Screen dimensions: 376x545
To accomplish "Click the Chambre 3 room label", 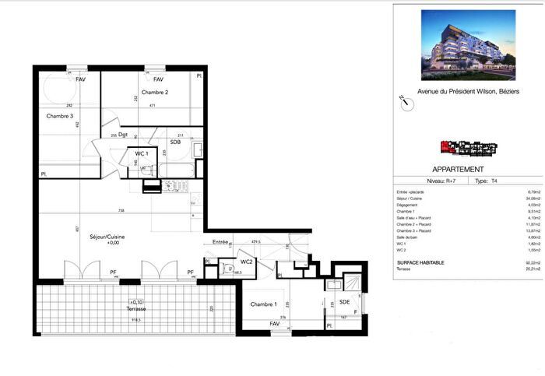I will coord(60,116).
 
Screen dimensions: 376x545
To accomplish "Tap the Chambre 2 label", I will coord(155,92).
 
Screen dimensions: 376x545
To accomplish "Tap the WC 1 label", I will coord(141,153).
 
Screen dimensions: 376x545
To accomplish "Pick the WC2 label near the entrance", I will coord(246,261).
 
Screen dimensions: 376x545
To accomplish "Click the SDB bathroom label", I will coord(175,142).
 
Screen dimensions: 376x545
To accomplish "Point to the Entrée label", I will coord(220,243).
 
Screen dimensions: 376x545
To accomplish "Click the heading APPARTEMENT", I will coord(458,169).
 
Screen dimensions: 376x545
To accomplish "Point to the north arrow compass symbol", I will coord(403,100).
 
